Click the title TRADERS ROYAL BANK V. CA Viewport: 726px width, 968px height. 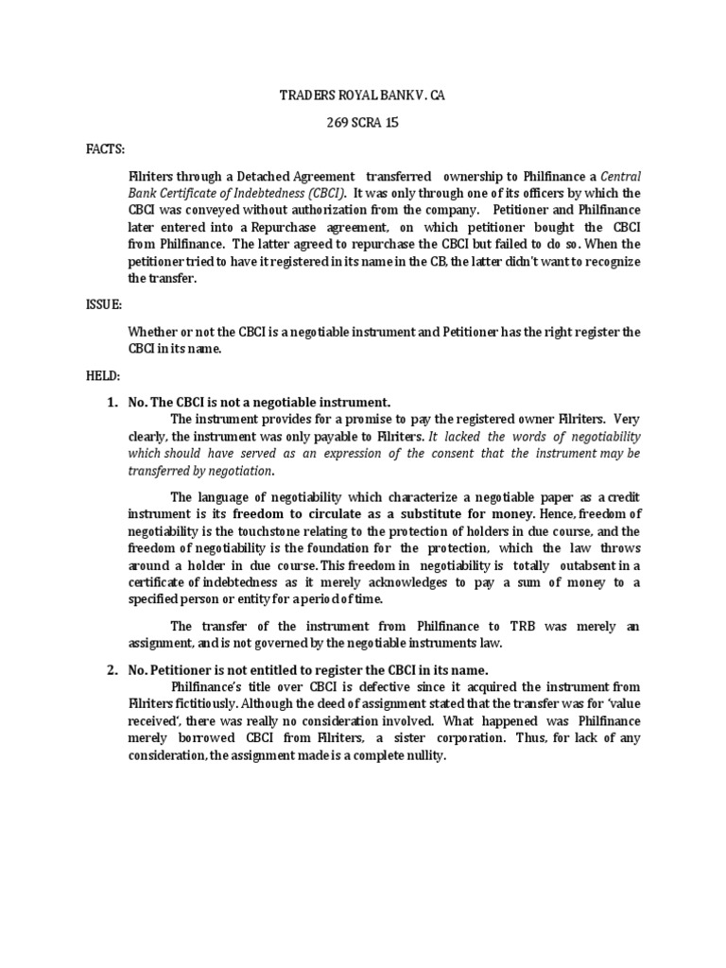coord(363,96)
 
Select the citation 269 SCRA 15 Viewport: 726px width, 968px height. coord(363,123)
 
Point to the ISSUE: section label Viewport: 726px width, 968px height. coord(105,305)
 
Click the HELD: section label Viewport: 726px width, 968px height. coord(103,375)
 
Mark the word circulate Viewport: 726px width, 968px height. coord(332,513)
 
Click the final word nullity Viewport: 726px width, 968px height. coord(420,756)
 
